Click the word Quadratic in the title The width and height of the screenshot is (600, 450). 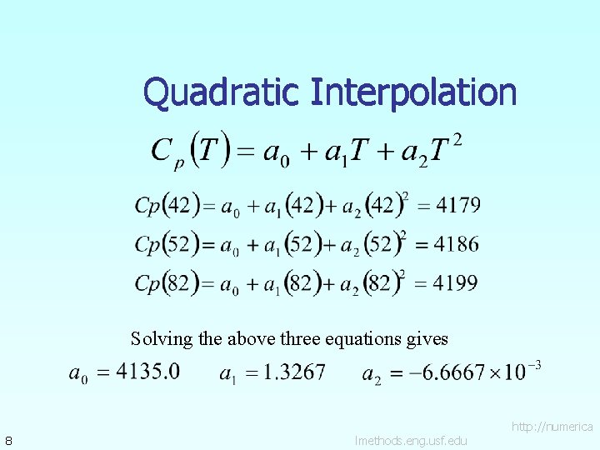point(222,92)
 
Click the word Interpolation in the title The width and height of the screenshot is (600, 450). point(413,92)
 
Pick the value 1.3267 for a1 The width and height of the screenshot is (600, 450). point(293,372)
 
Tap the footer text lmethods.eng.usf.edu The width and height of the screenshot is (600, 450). point(411,440)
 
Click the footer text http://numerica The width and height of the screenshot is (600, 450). point(552,427)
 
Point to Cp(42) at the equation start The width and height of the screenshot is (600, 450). point(167,205)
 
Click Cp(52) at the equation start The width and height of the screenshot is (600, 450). point(167,244)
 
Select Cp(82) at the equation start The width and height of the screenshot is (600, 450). point(167,283)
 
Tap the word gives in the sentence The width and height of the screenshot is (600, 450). point(427,339)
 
